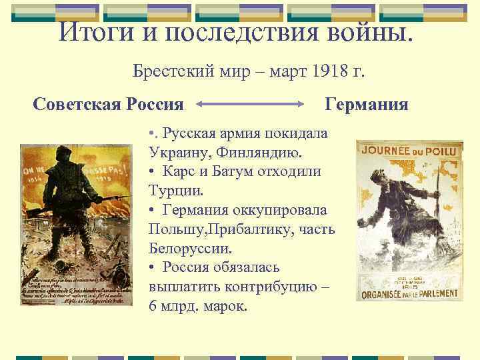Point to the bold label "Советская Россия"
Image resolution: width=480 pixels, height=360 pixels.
pos(108,104)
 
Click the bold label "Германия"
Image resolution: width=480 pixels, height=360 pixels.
pos(366,104)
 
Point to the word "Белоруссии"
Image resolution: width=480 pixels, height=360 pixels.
pos(191,249)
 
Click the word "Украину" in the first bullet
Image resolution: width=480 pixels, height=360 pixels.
pos(178,152)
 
